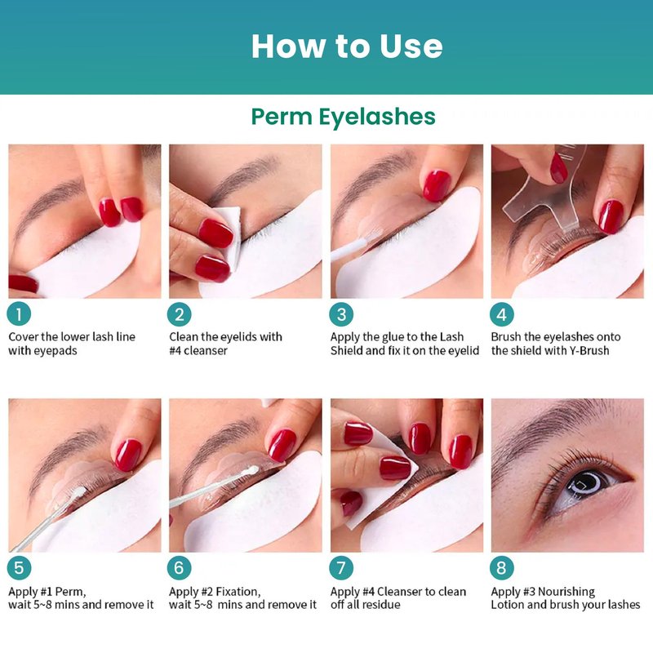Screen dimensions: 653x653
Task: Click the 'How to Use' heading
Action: pyautogui.click(x=347, y=46)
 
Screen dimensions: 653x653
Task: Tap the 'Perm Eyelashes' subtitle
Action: pyautogui.click(x=343, y=116)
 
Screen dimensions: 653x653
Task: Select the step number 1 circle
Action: pyautogui.click(x=19, y=314)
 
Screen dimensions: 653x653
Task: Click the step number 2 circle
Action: pyautogui.click(x=179, y=314)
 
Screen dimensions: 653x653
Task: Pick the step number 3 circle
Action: pyautogui.click(x=341, y=314)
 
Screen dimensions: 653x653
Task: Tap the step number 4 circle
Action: pyautogui.click(x=502, y=314)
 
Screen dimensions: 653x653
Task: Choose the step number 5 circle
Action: pyautogui.click(x=19, y=567)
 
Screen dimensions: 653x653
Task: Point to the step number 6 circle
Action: pyautogui.click(x=179, y=567)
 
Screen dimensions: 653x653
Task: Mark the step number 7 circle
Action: pyautogui.click(x=341, y=567)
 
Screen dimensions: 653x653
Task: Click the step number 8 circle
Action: pyautogui.click(x=502, y=567)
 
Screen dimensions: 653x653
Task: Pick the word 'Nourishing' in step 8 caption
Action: pyautogui.click(x=566, y=592)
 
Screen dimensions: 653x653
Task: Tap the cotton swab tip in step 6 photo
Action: pyautogui.click(x=251, y=470)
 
